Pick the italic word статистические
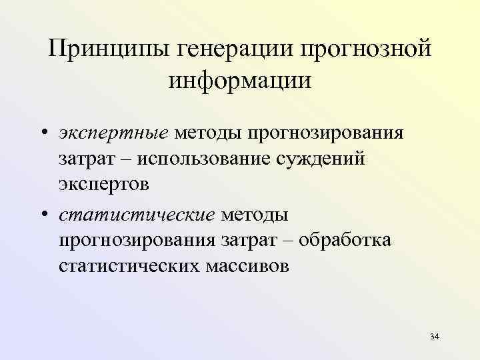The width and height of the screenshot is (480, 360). tap(137, 215)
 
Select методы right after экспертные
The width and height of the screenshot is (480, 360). tap(208, 133)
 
